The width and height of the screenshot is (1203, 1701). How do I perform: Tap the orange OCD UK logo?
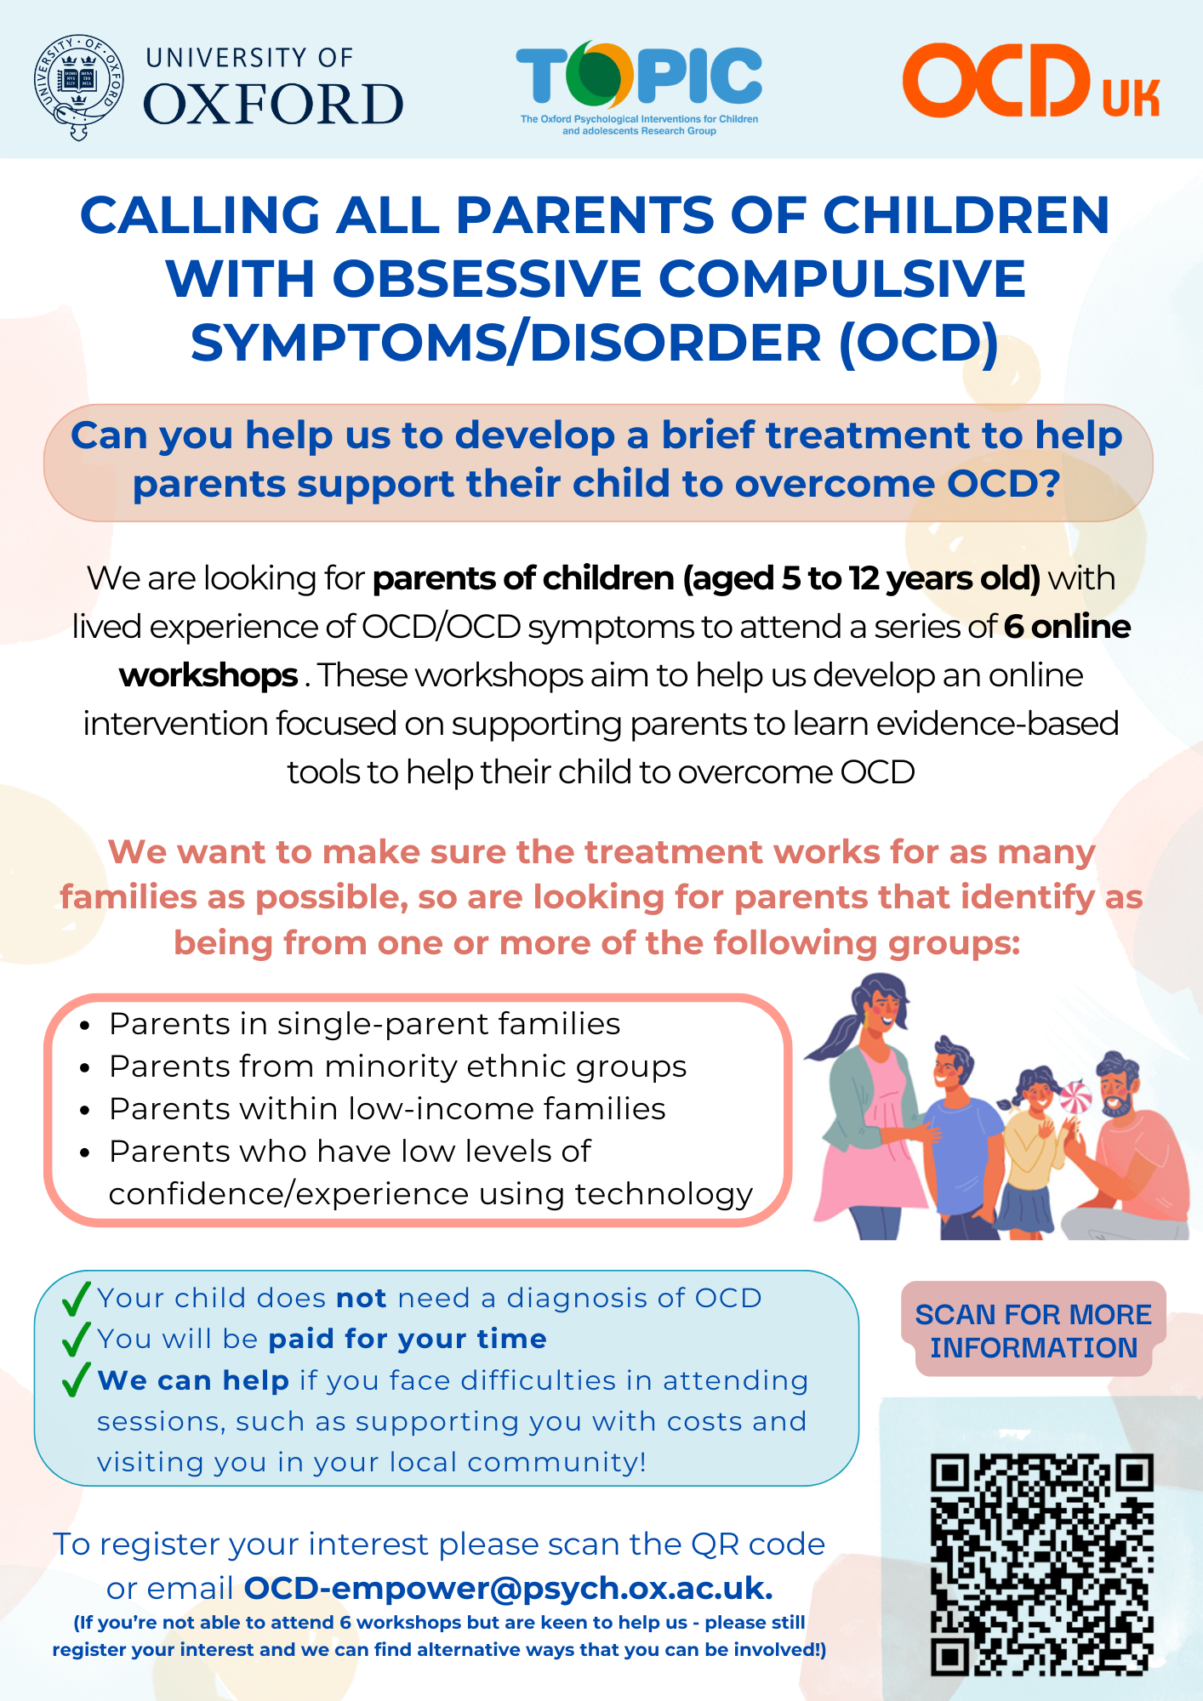pos(1030,81)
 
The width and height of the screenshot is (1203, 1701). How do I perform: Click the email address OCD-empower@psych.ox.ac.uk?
pos(508,1588)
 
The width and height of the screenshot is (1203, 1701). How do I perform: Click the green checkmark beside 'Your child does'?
pos(77,1298)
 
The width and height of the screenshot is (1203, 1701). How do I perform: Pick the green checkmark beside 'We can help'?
pos(77,1380)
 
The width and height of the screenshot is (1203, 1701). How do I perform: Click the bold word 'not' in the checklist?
pos(362,1298)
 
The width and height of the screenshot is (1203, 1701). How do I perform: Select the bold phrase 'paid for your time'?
pos(408,1339)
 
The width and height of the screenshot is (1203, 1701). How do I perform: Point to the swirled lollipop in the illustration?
pos(1075,1096)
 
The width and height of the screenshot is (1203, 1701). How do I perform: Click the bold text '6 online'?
pos(1068,627)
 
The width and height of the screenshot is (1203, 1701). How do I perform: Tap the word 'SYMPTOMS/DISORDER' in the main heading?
pos(506,343)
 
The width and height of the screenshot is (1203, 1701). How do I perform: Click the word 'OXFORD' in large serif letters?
pos(273,104)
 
